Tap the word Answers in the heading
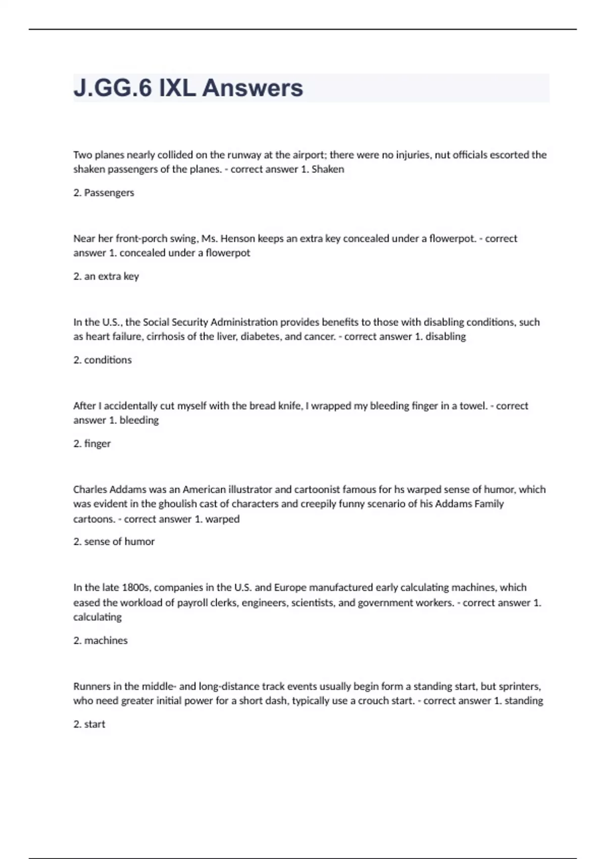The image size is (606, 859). pos(252,88)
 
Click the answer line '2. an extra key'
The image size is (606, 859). pos(106,276)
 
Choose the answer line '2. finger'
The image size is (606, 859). pos(92,444)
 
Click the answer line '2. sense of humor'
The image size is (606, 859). pos(114,542)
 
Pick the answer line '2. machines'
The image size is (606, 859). pos(100,641)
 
